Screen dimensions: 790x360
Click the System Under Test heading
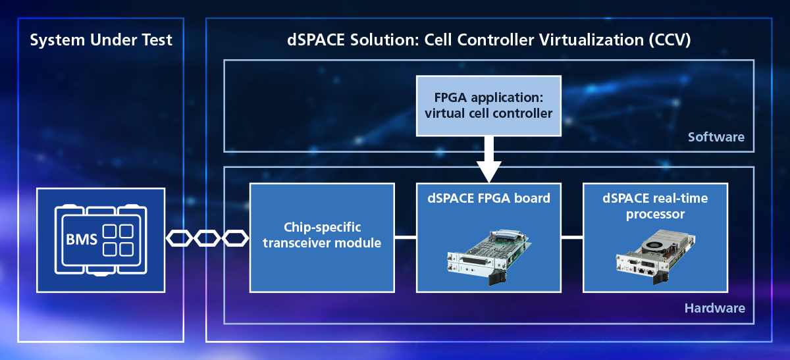coord(101,40)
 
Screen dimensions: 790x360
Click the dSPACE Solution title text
coord(488,40)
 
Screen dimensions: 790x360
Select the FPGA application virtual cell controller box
coord(488,106)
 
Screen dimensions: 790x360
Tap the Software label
coord(716,137)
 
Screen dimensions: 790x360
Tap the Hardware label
coord(714,308)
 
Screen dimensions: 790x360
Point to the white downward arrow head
coord(488,171)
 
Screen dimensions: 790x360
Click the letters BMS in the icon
coord(82,240)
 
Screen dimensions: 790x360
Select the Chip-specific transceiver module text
coord(322,235)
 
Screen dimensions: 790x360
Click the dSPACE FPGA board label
coord(488,198)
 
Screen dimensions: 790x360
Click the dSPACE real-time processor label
coord(655,206)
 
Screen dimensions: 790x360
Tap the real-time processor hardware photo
coord(656,257)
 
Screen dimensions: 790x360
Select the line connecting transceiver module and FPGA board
coord(406,238)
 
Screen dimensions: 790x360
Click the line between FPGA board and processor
coord(572,238)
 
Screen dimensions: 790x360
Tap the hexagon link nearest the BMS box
coord(179,238)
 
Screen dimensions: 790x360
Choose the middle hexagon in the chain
coord(207,238)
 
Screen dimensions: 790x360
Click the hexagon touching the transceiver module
coord(235,238)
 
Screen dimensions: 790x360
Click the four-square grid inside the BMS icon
coord(118,240)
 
